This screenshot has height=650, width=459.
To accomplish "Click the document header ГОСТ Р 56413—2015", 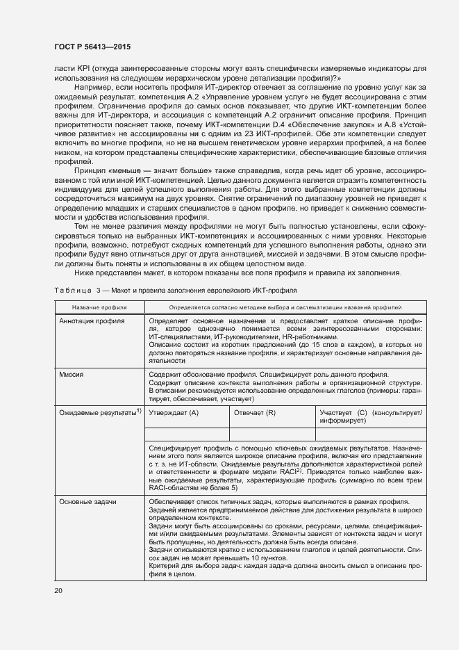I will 92,47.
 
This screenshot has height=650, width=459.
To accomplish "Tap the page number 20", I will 58,590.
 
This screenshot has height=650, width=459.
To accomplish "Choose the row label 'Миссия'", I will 72,374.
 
